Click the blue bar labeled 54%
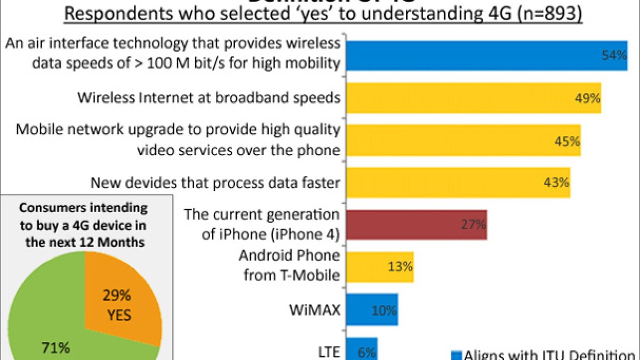tap(486, 56)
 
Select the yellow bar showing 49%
tap(474, 98)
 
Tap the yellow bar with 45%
tap(463, 141)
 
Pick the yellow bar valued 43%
tap(458, 183)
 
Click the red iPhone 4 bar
tap(416, 225)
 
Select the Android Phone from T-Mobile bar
tap(380, 267)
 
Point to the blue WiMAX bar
tap(372, 309)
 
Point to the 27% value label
tap(474, 225)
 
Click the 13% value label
tap(401, 267)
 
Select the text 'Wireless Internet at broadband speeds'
tap(209, 98)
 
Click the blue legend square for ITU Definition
tap(455, 354)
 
